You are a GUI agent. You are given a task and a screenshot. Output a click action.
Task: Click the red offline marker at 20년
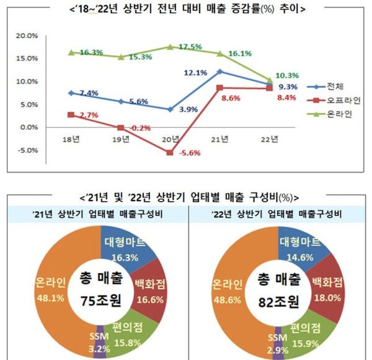pyautogui.click(x=170, y=153)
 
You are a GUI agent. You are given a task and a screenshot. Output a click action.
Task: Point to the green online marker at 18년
pyautogui.click(x=71, y=53)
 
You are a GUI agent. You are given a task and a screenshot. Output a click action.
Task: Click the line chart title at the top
pyautogui.click(x=186, y=9)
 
